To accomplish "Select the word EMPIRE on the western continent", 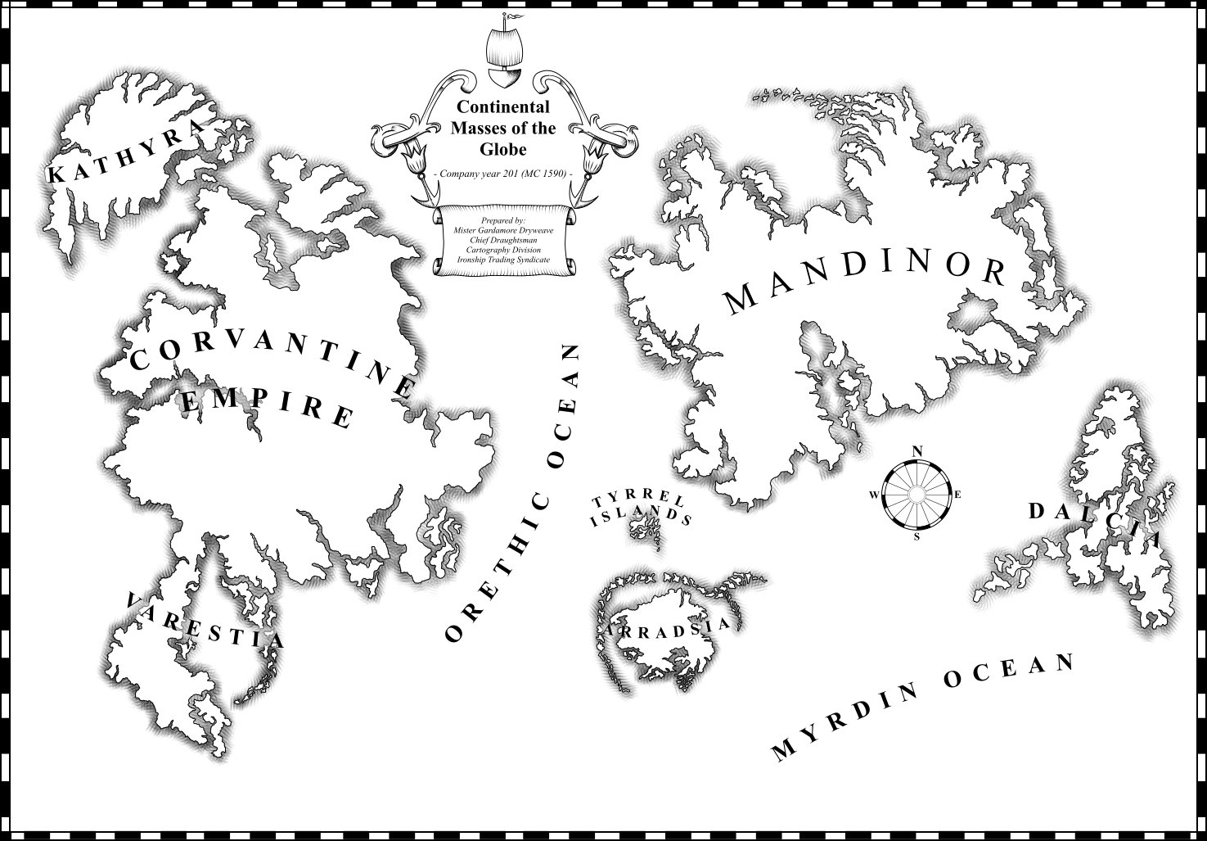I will [x=267, y=407].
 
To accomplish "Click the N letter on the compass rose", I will [x=917, y=451].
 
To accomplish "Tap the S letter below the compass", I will [x=917, y=537].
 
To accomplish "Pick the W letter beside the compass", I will [x=874, y=495].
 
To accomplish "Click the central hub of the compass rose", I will [x=917, y=494].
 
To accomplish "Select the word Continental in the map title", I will [x=503, y=107].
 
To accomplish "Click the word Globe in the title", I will [x=503, y=150].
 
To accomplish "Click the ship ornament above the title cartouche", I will [x=502, y=57].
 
